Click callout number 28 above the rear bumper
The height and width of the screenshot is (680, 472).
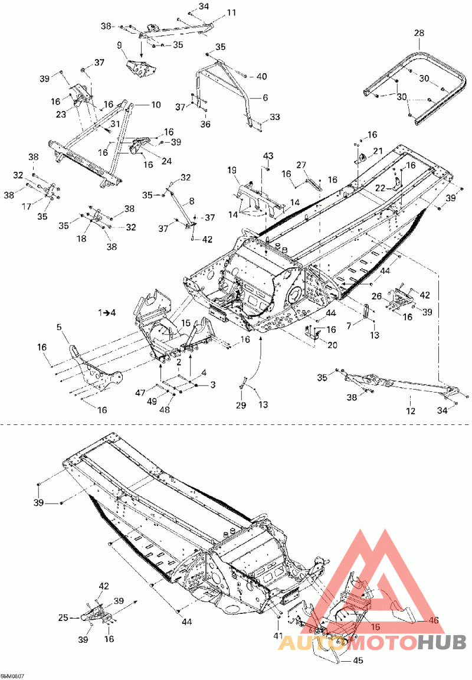point(419,33)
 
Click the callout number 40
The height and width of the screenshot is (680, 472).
point(261,76)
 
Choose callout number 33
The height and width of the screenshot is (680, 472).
point(275,118)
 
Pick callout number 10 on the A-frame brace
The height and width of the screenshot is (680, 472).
point(156,105)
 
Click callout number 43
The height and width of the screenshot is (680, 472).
point(268,155)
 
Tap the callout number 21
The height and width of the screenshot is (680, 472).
point(378,151)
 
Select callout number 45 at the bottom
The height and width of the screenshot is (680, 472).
point(358,661)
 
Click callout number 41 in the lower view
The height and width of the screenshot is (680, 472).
point(278,636)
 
